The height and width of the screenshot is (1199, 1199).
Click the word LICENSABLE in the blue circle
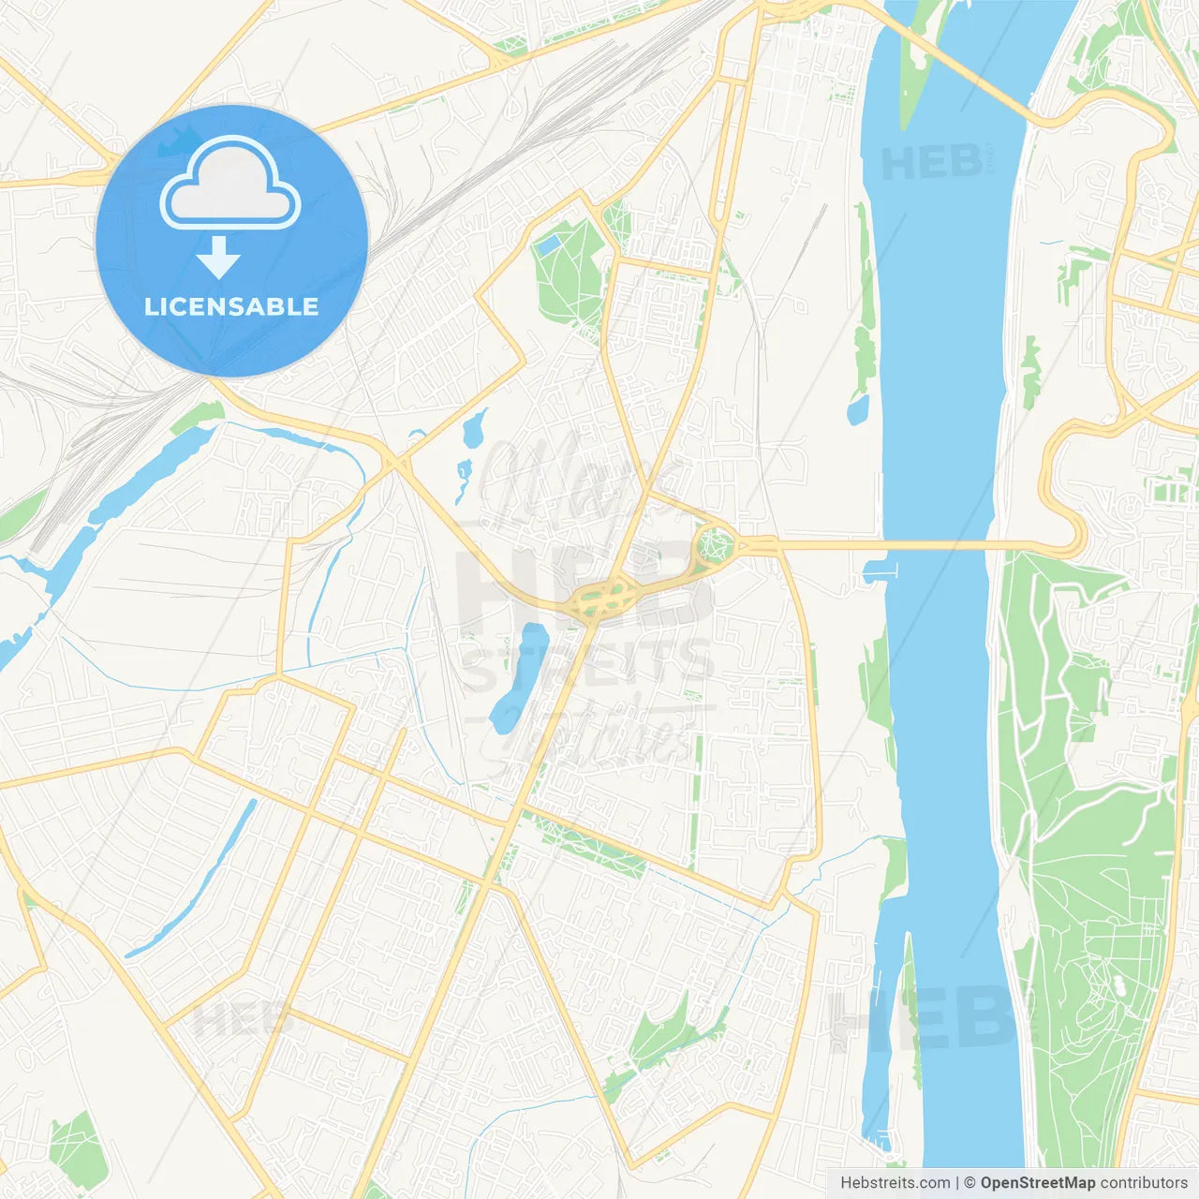tap(231, 306)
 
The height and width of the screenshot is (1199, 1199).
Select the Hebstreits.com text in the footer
tap(895, 1183)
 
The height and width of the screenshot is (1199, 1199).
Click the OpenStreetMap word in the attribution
tap(1037, 1183)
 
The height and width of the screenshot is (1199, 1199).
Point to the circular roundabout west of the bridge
tap(714, 543)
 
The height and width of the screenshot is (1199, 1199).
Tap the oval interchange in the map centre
tap(601, 599)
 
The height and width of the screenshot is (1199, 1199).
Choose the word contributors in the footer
tap(1143, 1183)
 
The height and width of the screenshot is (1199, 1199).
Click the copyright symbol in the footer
tap(970, 1183)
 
